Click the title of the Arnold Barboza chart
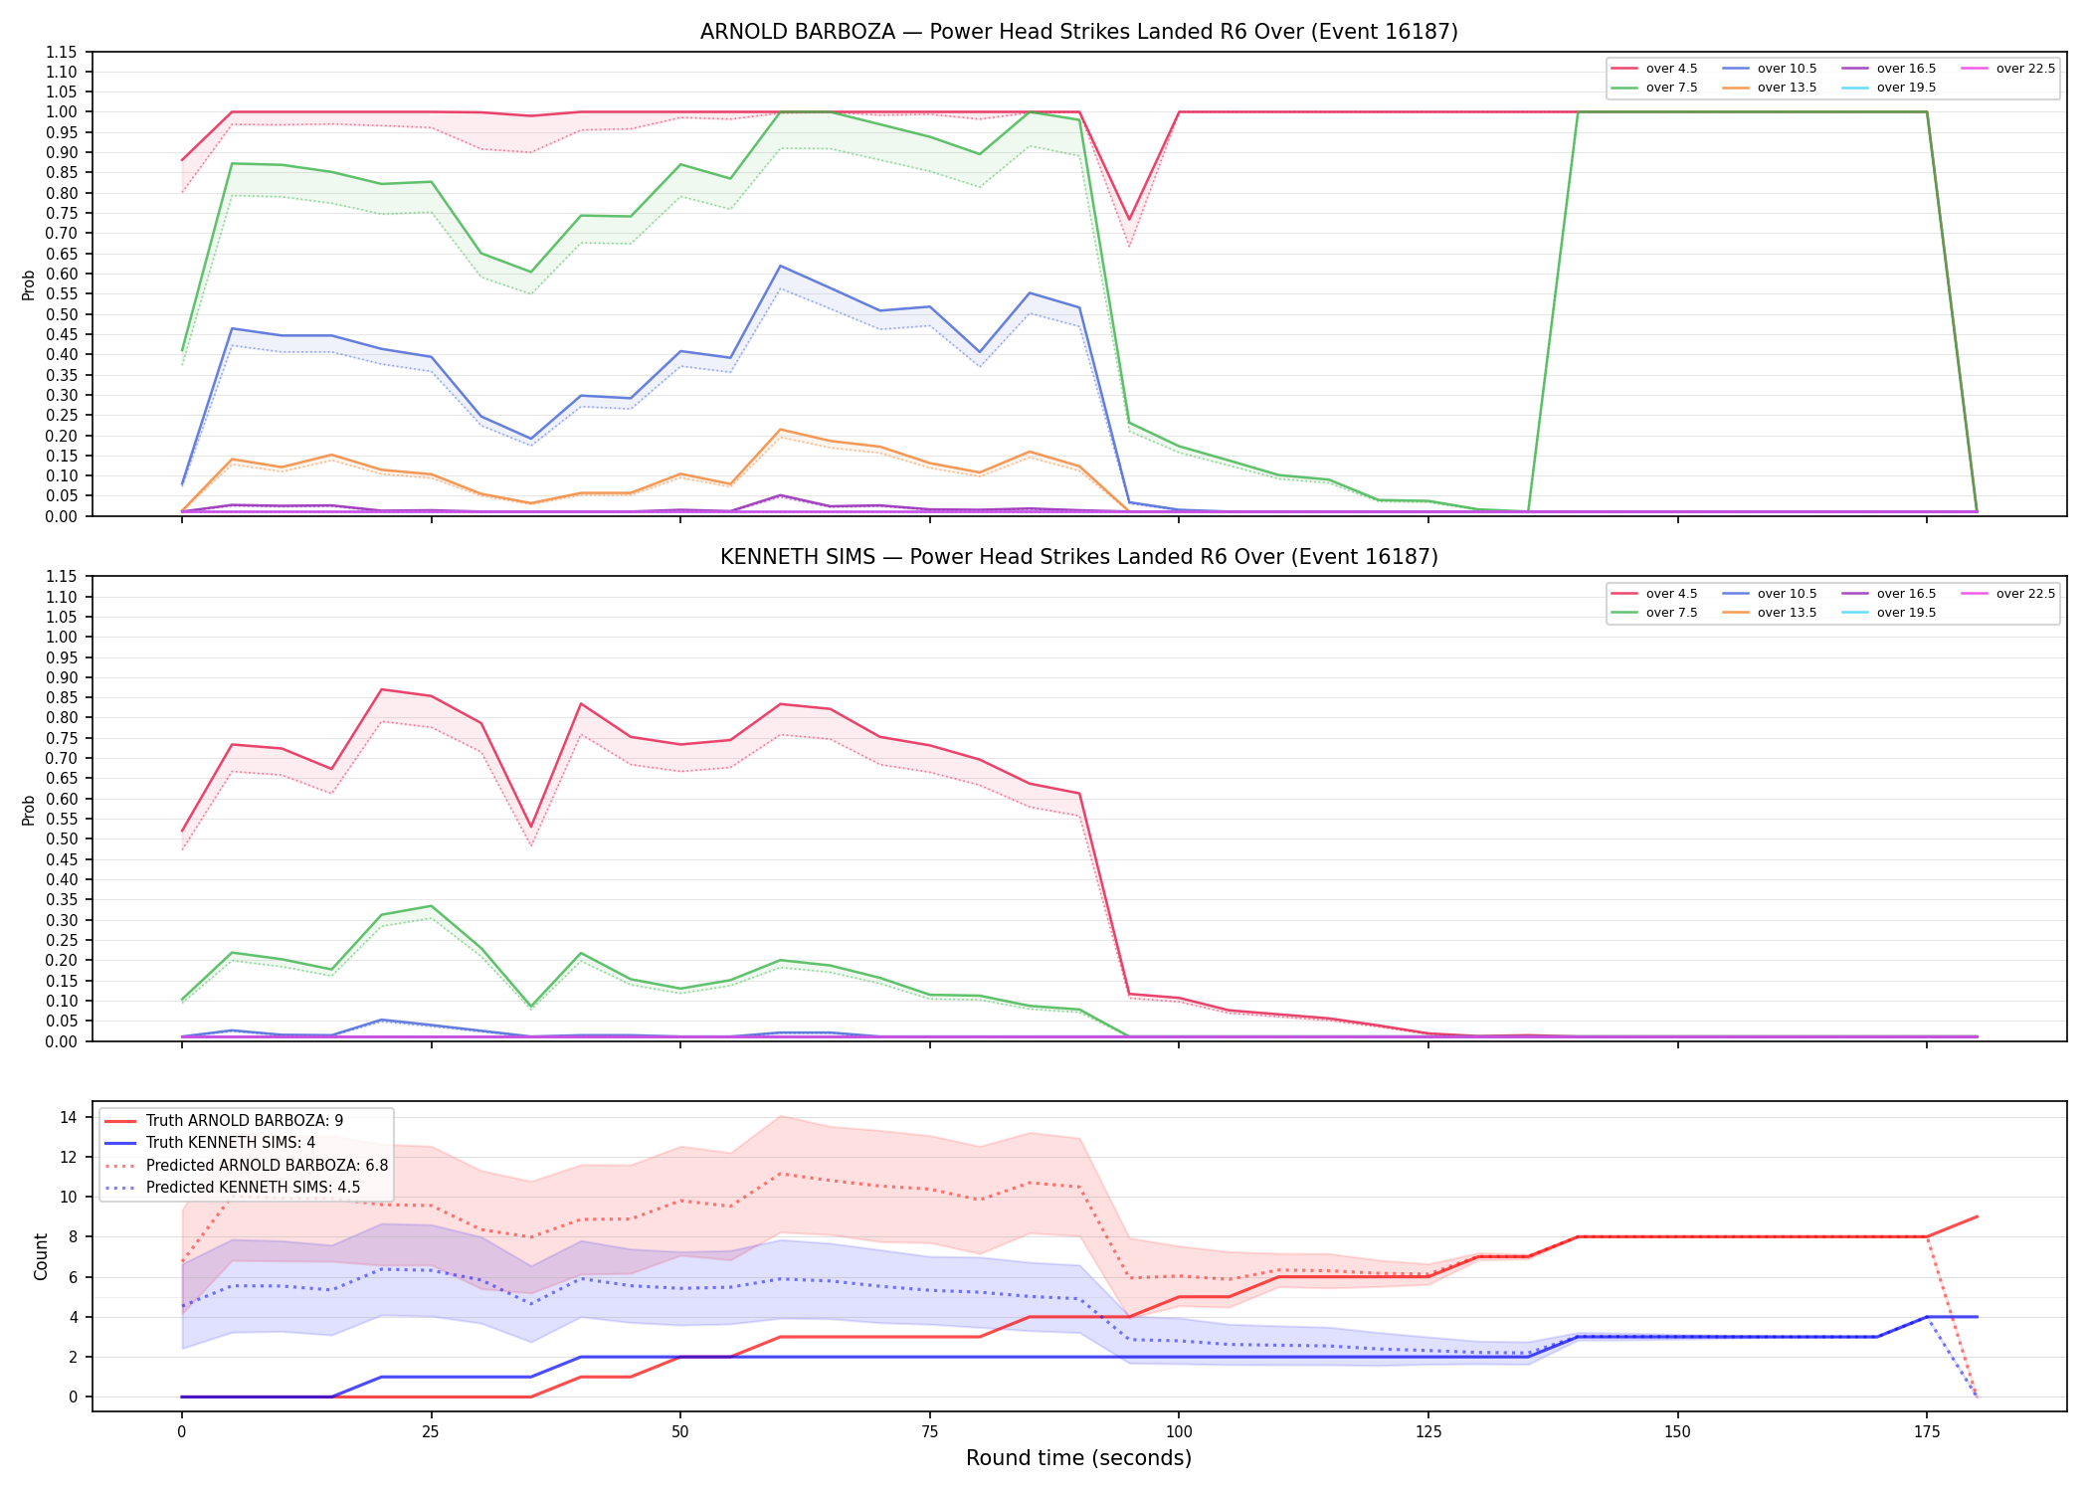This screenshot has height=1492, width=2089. (x=1078, y=32)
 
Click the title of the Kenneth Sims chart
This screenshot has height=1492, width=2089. (x=1078, y=557)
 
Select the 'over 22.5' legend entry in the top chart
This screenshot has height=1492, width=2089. (x=2008, y=69)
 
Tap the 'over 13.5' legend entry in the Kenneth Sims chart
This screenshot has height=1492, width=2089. (x=1770, y=613)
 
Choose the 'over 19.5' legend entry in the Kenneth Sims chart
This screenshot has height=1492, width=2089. (x=1889, y=613)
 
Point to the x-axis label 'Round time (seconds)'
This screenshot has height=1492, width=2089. (x=1078, y=1458)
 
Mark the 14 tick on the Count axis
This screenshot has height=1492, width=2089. (x=69, y=1117)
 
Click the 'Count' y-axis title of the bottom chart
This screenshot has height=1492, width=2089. (x=41, y=1256)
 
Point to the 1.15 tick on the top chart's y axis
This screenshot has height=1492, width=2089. (x=62, y=52)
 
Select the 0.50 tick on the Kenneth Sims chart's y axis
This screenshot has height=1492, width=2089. (x=62, y=839)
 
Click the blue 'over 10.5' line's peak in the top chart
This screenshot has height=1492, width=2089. (x=781, y=266)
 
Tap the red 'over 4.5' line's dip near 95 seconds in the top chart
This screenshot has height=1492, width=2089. (x=1129, y=220)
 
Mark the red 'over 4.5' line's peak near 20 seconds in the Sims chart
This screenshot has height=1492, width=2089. (x=381, y=689)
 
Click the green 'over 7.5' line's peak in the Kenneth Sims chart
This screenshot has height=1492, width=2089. (x=431, y=906)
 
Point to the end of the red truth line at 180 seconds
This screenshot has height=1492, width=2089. (x=1977, y=1216)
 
